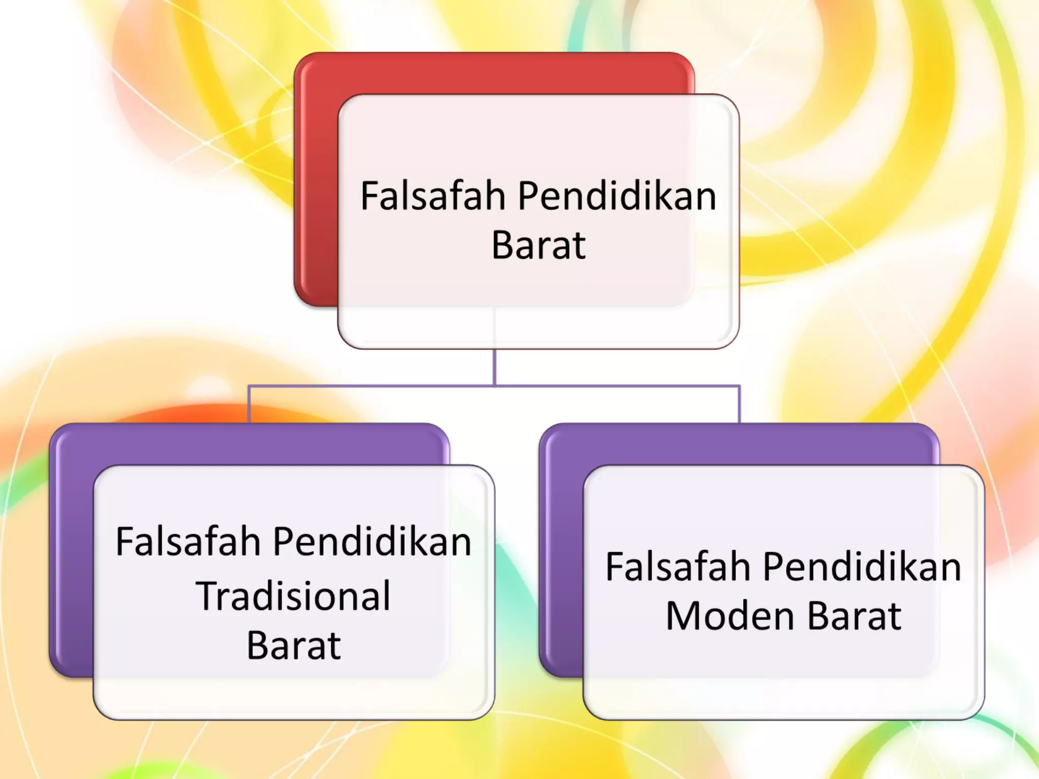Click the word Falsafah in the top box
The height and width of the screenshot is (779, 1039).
click(x=433, y=196)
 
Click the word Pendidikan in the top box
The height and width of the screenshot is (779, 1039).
click(x=617, y=196)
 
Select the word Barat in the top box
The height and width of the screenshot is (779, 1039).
click(x=538, y=246)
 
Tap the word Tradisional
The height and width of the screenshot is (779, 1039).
click(x=293, y=596)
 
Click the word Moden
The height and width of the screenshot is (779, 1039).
click(x=730, y=617)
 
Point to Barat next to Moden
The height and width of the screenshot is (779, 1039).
click(x=854, y=617)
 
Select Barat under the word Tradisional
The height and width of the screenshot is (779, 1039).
click(x=293, y=646)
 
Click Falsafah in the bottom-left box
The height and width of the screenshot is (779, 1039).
click(x=188, y=542)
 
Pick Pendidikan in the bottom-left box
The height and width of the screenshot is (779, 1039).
click(x=372, y=542)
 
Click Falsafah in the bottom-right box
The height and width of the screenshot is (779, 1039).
click(x=678, y=567)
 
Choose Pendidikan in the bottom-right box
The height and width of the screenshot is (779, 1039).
click(x=862, y=567)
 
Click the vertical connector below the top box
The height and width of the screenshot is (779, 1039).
click(x=494, y=367)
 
